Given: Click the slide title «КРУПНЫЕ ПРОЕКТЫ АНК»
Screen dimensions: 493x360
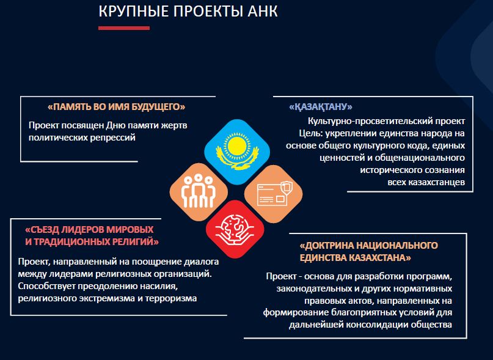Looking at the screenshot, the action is [x=188, y=12].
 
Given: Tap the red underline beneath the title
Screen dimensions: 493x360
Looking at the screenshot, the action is [x=124, y=28].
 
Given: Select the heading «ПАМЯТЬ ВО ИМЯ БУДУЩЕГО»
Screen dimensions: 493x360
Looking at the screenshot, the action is [x=116, y=107].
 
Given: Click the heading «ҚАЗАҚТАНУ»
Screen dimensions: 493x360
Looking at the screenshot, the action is [x=320, y=107].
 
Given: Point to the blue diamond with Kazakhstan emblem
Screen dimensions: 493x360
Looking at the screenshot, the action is [x=237, y=152].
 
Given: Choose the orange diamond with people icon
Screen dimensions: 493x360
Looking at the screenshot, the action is [x=199, y=192].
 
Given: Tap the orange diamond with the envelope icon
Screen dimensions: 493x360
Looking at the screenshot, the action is [x=274, y=194].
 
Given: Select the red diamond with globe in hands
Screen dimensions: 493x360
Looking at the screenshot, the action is [x=235, y=229].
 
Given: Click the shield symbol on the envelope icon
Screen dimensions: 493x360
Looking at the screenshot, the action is [x=287, y=188].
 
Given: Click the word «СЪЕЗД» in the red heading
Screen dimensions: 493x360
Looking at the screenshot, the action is [x=42, y=230].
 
